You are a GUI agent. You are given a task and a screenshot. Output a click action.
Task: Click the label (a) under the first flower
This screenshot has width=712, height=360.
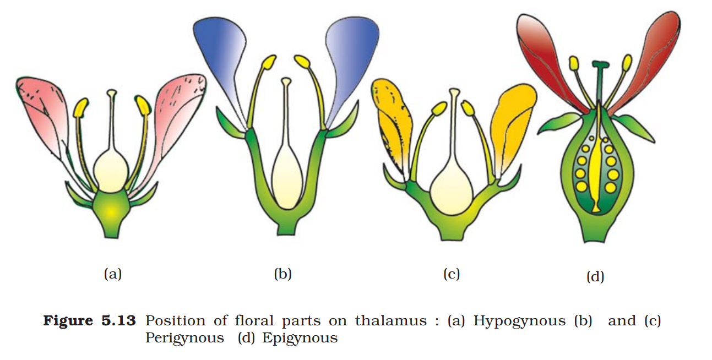(x=112, y=274)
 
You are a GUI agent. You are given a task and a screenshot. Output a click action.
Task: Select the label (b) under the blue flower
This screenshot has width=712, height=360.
(x=282, y=274)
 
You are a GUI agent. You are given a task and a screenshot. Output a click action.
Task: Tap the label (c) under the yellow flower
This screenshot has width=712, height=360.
(x=451, y=274)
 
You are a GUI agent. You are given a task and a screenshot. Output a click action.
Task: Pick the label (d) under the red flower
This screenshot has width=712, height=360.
(x=595, y=276)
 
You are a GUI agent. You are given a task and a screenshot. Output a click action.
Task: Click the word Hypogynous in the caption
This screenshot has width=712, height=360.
(x=520, y=321)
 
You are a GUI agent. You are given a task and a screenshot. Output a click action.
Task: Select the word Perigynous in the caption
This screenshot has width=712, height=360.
(x=184, y=337)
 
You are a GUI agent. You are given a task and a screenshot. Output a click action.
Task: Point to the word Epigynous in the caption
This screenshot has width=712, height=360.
(x=300, y=337)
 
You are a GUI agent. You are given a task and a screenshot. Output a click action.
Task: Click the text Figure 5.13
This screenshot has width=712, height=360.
(x=89, y=321)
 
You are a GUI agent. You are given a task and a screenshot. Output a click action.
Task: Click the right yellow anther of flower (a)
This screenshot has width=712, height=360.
(x=143, y=105)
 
